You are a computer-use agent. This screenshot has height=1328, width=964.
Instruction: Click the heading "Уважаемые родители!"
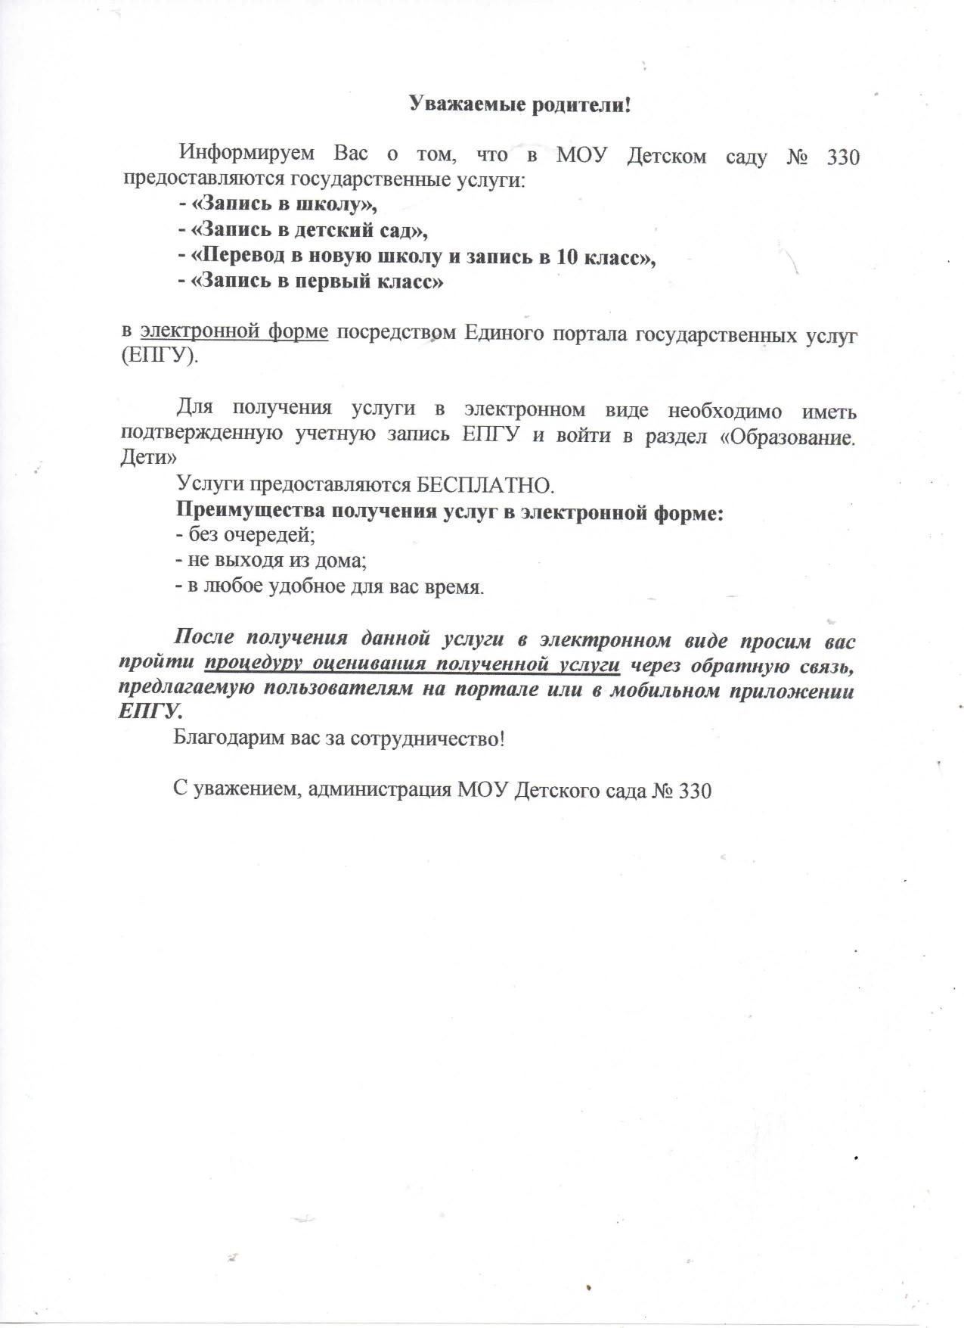click(519, 104)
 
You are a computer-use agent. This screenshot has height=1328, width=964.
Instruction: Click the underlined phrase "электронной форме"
click(234, 332)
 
